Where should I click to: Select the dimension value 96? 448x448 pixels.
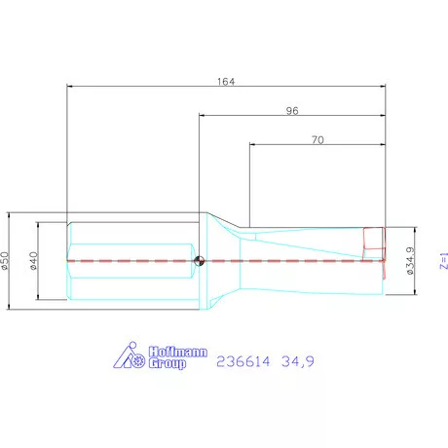[x=291, y=110]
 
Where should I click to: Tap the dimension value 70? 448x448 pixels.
[x=317, y=139]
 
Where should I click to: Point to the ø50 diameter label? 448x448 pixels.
[x=8, y=260]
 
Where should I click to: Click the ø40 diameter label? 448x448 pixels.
[x=34, y=260]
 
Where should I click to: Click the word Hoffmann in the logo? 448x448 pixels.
[x=177, y=354]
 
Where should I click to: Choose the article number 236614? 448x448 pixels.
[x=247, y=361]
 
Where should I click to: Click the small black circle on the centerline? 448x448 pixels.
[x=199, y=260]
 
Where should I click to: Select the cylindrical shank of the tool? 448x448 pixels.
[x=131, y=260]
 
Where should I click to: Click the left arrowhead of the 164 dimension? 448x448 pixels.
[x=69, y=87]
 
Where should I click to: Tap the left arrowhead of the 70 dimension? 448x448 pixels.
[x=252, y=145]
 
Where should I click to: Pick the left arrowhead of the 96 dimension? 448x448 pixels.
[x=202, y=116]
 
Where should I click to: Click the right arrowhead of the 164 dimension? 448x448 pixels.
[x=384, y=87]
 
